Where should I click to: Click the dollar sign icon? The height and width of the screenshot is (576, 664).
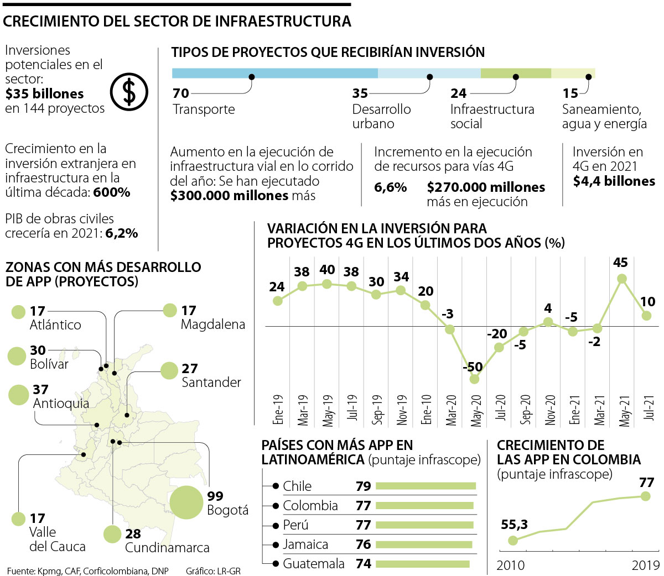128,91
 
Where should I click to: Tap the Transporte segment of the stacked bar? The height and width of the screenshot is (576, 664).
274,74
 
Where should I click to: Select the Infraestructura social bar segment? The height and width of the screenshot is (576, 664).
516,74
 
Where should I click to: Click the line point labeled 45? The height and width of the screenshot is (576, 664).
621,279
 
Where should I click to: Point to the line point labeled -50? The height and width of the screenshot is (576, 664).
474,379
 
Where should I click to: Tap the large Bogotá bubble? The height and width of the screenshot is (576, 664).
186,502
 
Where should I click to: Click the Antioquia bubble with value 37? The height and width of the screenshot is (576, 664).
19,395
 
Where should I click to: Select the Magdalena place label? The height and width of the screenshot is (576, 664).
212,324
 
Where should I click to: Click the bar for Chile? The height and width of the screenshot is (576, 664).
426,486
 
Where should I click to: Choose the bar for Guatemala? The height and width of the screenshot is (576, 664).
423,564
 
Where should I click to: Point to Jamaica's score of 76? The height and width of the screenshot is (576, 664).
363,544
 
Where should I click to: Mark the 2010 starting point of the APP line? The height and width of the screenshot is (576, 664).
513,540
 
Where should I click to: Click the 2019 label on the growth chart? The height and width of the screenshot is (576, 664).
645,565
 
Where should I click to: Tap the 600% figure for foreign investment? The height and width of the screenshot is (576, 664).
112,192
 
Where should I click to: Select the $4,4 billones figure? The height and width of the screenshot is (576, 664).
614,181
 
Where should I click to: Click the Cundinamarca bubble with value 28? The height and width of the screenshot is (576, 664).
112,534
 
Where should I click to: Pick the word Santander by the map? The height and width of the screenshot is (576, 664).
211,383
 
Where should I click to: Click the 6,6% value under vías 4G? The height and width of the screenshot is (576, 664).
390,187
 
